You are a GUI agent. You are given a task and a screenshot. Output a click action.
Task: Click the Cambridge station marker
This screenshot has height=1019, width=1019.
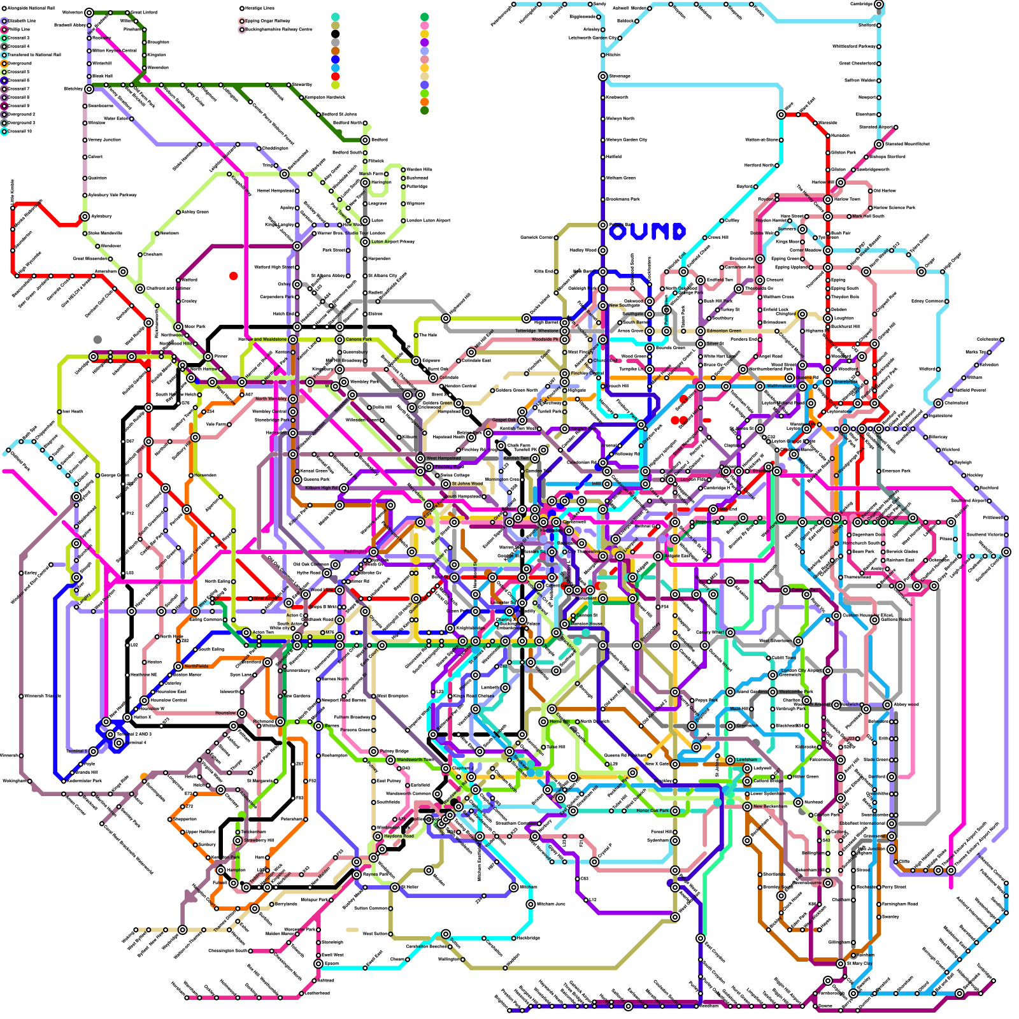(879, 4)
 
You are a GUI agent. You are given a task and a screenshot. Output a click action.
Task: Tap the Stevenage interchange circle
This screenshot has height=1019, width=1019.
(602, 76)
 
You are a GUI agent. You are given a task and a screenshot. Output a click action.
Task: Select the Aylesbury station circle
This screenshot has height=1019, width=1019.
(85, 217)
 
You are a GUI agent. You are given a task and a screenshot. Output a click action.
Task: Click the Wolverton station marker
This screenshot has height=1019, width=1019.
(89, 13)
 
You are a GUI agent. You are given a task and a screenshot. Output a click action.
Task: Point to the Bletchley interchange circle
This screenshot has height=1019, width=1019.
(89, 89)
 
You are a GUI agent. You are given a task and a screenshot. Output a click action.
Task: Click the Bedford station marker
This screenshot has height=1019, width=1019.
(365, 140)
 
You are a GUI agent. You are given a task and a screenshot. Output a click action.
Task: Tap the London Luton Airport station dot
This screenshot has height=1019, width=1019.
(403, 220)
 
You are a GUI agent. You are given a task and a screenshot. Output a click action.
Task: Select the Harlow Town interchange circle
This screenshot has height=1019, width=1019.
(828, 199)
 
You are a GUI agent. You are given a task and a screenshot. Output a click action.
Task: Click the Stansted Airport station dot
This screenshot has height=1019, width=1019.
(879, 145)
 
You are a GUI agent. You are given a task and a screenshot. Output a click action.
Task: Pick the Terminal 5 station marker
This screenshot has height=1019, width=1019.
(94, 752)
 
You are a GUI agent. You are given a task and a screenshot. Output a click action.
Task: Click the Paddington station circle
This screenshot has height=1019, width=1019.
(373, 552)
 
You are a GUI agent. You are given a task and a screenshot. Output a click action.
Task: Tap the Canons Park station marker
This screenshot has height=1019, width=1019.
(339, 339)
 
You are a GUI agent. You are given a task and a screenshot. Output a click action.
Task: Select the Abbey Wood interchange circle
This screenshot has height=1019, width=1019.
(887, 704)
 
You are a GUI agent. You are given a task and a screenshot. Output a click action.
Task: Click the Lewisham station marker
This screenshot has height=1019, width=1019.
(730, 760)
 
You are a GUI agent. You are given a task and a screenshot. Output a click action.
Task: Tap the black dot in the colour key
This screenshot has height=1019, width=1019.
(336, 34)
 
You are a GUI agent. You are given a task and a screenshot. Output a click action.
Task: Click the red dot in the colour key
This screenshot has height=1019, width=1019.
(336, 76)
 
